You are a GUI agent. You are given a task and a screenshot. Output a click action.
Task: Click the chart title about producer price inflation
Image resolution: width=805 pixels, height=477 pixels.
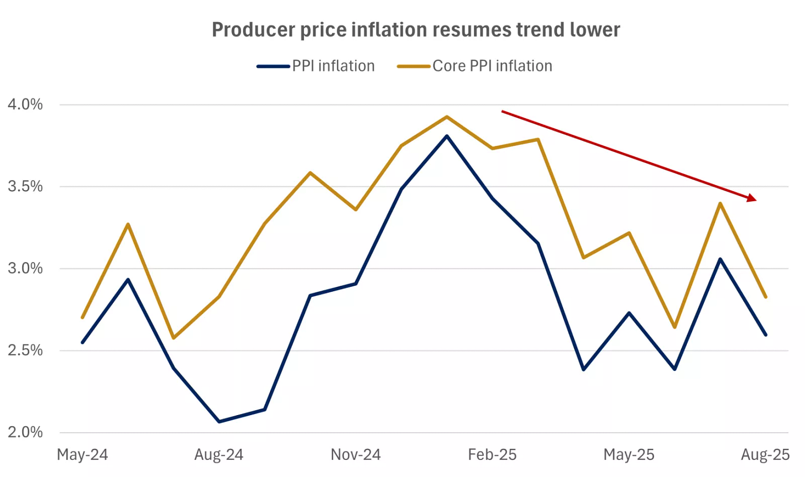click(x=416, y=29)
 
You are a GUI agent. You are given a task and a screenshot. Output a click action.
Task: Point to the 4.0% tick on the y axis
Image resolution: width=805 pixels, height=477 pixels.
click(x=25, y=104)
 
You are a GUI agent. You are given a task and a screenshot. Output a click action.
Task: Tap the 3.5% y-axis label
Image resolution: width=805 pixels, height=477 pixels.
click(x=25, y=186)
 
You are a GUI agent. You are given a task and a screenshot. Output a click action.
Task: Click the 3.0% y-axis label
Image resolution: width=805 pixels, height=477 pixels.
click(x=25, y=269)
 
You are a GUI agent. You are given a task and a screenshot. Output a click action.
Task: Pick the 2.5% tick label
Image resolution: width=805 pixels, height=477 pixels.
click(x=25, y=350)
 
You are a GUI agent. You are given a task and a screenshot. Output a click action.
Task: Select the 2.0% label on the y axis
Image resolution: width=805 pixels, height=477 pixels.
click(x=25, y=432)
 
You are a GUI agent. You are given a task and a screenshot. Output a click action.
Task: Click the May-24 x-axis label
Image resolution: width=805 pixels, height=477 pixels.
click(x=82, y=455)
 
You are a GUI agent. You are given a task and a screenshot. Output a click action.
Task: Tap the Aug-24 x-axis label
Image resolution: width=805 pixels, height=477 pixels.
click(x=219, y=455)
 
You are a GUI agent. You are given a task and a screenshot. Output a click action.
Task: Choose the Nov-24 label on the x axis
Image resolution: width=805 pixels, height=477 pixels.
click(x=356, y=455)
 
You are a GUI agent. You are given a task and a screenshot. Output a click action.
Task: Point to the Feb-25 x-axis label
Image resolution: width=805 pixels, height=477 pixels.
click(x=492, y=455)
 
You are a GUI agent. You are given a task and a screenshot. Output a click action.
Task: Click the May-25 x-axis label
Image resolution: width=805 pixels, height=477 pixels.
click(x=629, y=455)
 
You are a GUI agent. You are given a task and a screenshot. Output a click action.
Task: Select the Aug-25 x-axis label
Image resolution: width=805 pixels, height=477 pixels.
click(x=765, y=455)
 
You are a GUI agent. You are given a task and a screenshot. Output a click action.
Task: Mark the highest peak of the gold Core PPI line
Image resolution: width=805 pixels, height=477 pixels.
click(x=447, y=117)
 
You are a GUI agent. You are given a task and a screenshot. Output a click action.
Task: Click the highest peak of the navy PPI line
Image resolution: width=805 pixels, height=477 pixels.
click(x=447, y=136)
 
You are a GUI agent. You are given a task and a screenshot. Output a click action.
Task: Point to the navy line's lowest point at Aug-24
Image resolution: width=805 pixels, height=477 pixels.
click(x=219, y=422)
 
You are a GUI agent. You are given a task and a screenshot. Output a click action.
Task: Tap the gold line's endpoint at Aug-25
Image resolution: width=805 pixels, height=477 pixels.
click(x=765, y=297)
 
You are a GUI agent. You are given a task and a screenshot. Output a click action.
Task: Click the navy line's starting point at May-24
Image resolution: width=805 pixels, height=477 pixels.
click(x=83, y=342)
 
